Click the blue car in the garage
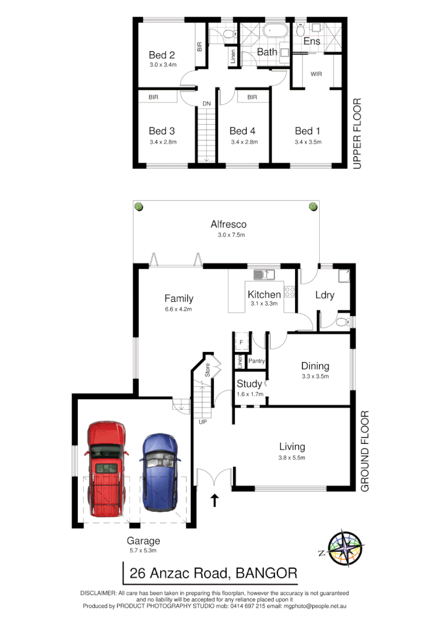[158, 473]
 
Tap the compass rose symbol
[346, 548]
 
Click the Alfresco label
[228, 224]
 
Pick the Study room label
[249, 384]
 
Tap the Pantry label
[256, 361]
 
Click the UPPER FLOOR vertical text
[356, 135]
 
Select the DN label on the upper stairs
[206, 104]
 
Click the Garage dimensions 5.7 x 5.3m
[143, 550]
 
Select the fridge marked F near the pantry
[241, 341]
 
